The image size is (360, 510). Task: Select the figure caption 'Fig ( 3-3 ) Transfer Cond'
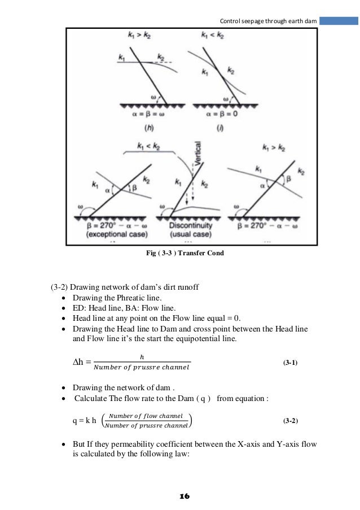tap(185, 254)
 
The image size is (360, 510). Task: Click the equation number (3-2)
tap(291, 421)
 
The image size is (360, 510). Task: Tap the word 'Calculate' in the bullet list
tap(91, 399)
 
